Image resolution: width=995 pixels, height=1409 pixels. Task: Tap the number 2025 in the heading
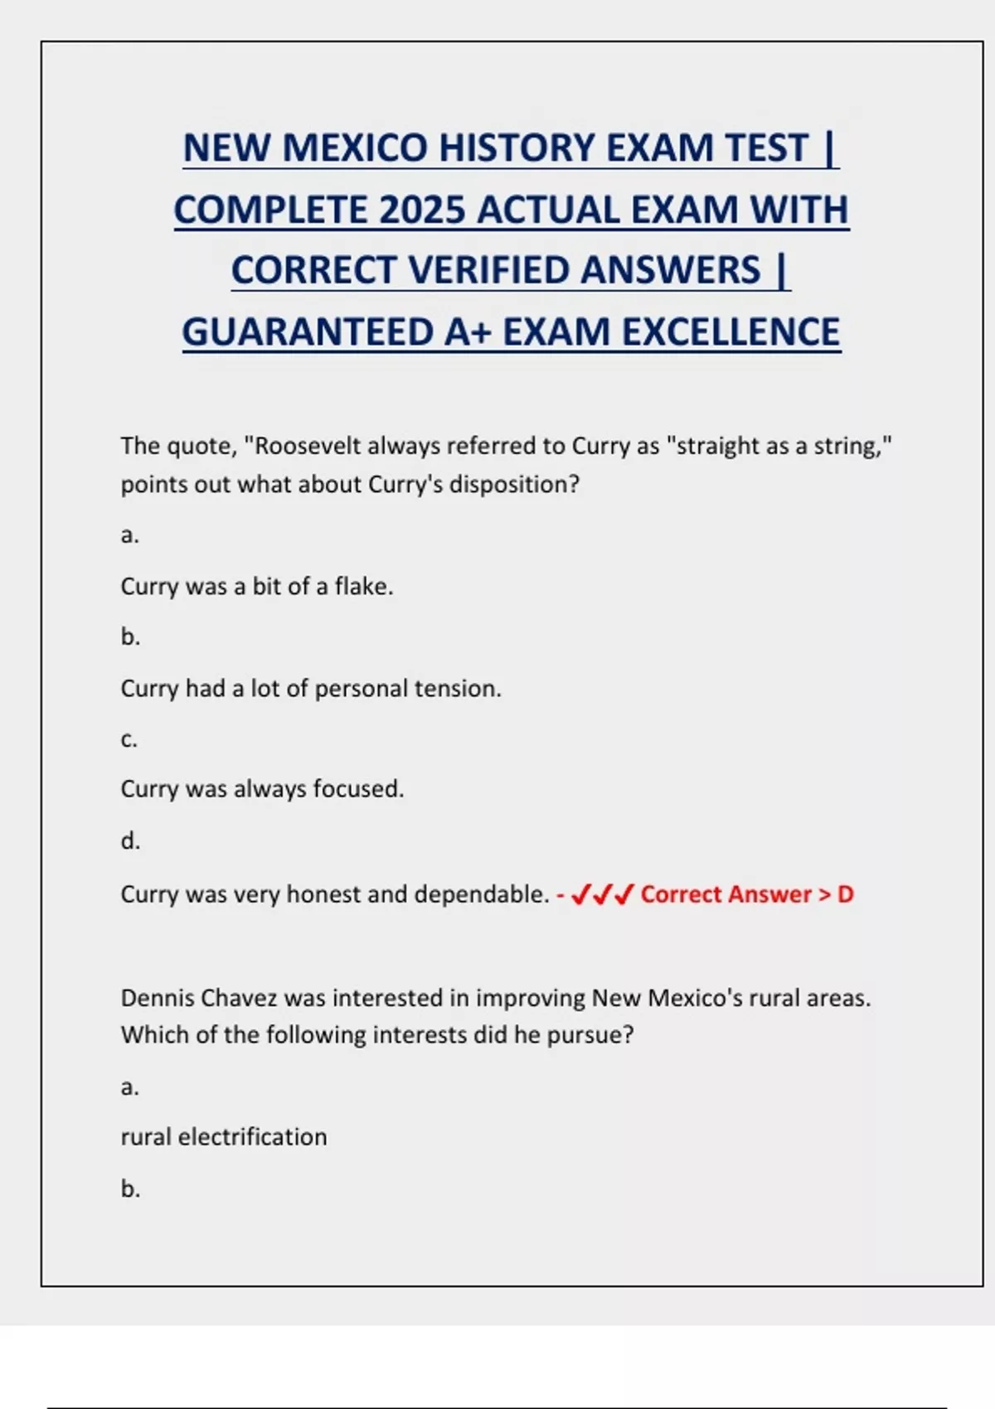422,210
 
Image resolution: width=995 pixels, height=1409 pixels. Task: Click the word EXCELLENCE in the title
730,332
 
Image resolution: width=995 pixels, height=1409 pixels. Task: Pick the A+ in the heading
468,332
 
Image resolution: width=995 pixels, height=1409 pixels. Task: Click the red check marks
603,894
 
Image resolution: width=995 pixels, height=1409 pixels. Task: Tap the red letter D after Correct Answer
845,894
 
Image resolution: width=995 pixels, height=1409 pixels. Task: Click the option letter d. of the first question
130,841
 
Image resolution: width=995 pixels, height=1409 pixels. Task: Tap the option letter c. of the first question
129,739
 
